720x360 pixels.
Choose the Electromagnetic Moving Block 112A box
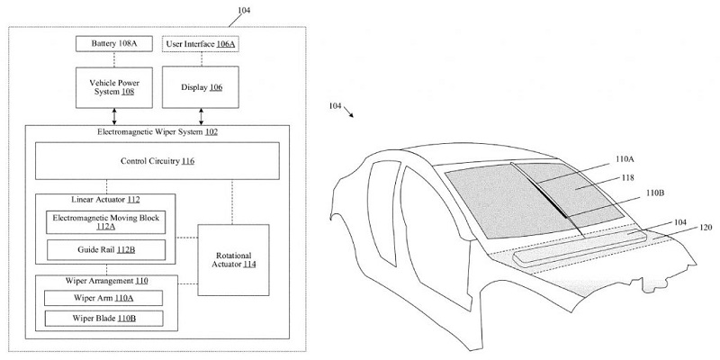click(105, 220)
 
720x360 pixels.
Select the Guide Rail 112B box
click(105, 249)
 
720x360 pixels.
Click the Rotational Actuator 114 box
click(233, 259)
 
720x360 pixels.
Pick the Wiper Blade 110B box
click(105, 319)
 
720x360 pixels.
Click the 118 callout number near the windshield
click(628, 178)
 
